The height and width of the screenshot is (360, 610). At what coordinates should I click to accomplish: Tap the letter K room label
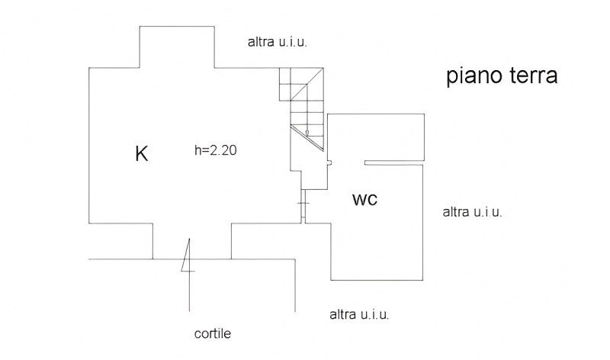click(x=141, y=153)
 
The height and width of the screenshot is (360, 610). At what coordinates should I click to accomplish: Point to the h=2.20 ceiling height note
click(x=216, y=151)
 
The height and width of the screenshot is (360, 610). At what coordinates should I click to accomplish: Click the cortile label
click(x=213, y=333)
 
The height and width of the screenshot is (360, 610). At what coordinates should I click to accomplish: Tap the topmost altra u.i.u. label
click(x=277, y=42)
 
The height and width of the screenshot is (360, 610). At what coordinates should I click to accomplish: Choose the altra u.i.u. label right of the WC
click(x=472, y=212)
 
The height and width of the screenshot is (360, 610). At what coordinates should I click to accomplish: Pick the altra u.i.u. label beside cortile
click(x=359, y=313)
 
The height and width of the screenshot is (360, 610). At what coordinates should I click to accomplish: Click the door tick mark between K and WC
click(x=303, y=204)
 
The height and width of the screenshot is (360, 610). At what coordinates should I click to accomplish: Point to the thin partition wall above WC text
click(x=395, y=162)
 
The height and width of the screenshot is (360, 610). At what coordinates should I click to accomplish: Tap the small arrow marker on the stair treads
click(x=307, y=132)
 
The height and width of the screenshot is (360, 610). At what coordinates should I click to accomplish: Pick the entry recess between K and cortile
click(x=192, y=242)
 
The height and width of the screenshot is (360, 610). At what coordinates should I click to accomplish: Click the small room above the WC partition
click(x=377, y=137)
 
